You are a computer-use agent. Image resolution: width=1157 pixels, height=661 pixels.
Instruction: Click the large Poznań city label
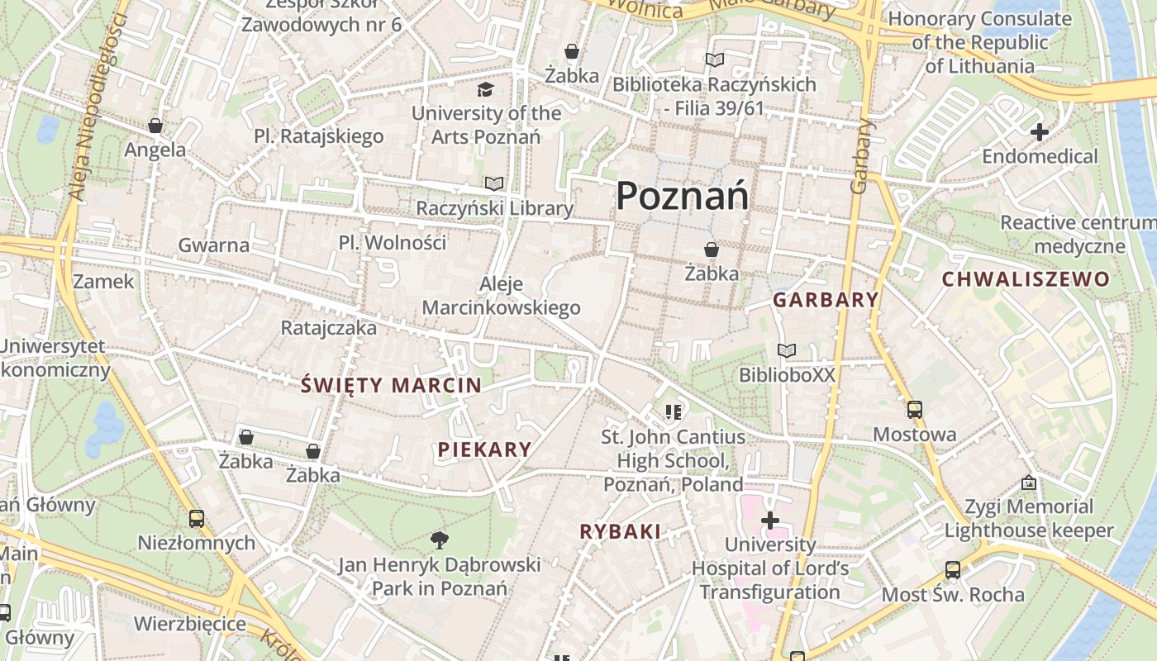click(x=683, y=197)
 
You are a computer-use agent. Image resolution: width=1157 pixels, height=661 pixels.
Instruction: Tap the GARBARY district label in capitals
click(x=826, y=300)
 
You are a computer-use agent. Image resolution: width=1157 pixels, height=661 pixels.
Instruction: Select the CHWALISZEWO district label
click(x=1026, y=279)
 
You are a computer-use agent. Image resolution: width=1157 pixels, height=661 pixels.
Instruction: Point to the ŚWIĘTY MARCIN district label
click(x=392, y=385)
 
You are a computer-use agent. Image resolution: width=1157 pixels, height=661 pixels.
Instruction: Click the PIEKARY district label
click(x=484, y=449)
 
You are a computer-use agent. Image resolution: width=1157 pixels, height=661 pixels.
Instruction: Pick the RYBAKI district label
click(x=621, y=532)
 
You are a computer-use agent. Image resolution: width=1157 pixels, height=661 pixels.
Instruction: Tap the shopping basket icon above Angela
click(x=155, y=126)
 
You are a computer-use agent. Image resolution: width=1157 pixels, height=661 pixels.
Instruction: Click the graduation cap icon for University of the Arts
click(x=485, y=89)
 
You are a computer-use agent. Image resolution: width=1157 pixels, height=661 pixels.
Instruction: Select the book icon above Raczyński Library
click(x=494, y=183)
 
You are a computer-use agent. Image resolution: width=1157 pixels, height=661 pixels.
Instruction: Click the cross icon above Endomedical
click(x=1040, y=131)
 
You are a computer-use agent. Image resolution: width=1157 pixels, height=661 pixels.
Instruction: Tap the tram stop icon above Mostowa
click(x=914, y=409)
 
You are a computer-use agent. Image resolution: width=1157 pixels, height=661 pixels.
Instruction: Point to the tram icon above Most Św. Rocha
click(x=952, y=569)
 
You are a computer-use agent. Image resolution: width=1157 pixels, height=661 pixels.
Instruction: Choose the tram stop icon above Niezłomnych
click(x=196, y=518)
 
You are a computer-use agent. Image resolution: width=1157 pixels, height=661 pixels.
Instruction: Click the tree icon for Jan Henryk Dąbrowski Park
click(x=440, y=540)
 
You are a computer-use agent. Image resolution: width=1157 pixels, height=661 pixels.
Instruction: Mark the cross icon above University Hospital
click(x=770, y=521)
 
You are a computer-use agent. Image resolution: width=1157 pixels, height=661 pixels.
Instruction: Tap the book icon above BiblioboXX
click(x=787, y=351)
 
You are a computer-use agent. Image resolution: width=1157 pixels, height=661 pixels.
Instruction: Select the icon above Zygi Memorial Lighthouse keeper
click(x=1029, y=482)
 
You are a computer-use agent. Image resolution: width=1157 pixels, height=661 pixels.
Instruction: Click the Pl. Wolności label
click(x=393, y=243)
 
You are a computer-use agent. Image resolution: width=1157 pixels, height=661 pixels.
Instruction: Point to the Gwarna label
click(x=214, y=245)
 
